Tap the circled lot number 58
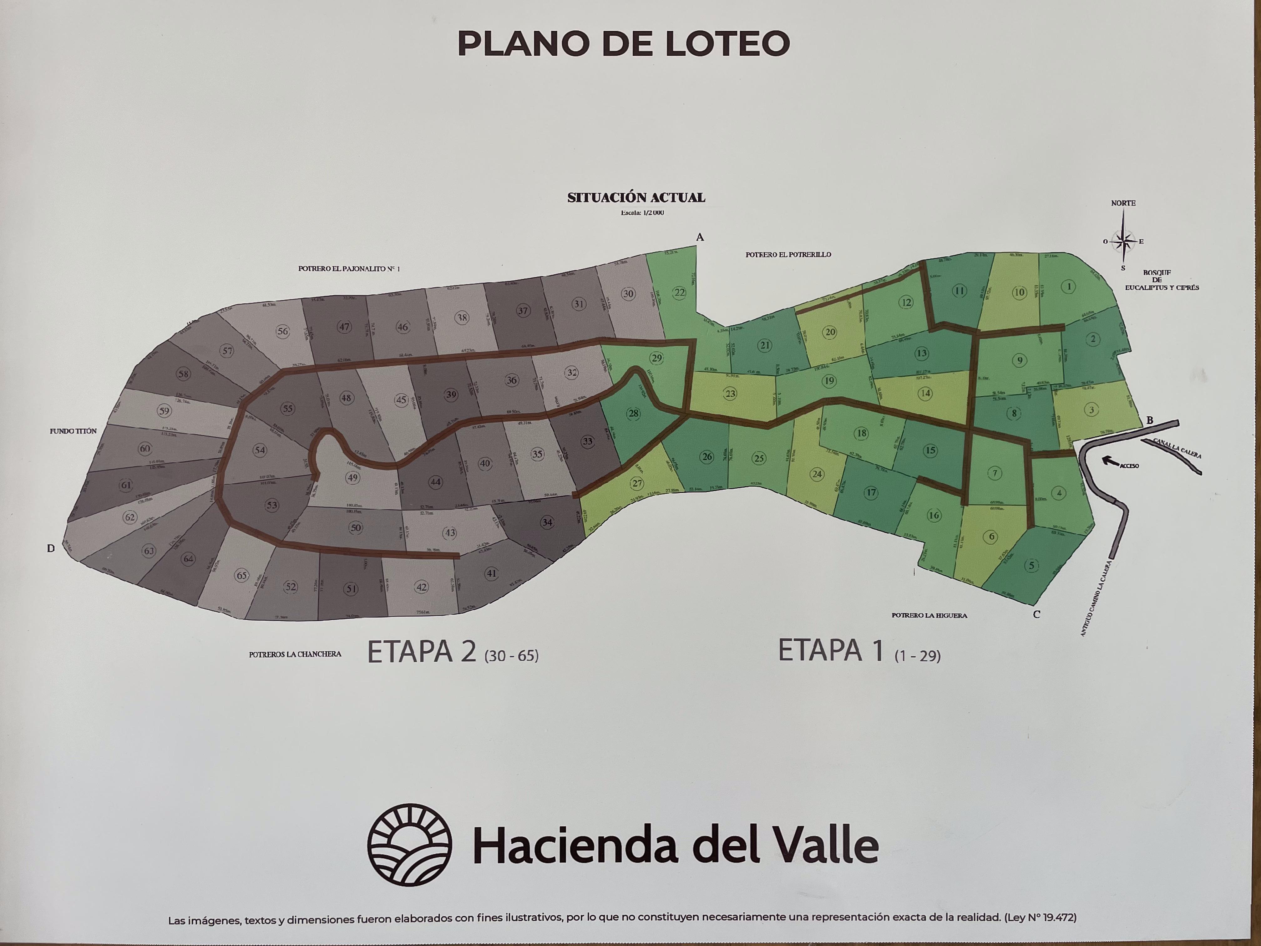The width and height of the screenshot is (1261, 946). click(x=183, y=374)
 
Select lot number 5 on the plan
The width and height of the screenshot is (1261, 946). click(x=1031, y=565)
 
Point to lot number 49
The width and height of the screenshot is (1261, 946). click(x=353, y=477)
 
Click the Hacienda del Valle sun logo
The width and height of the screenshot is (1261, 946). click(x=409, y=845)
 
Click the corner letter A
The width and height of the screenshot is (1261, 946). click(x=700, y=237)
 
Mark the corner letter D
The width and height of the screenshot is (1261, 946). click(x=51, y=549)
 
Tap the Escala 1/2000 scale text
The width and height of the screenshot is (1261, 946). click(x=642, y=213)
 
